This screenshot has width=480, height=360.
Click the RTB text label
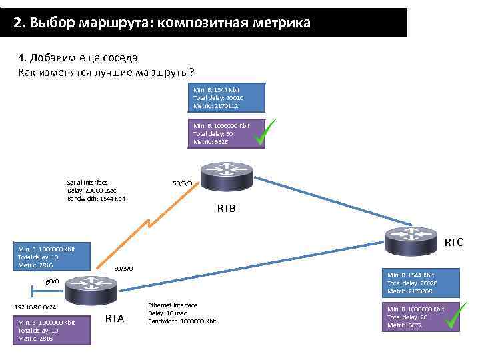tap(227, 209)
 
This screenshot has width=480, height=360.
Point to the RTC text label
tap(453, 243)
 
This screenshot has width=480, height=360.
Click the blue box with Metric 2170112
tap(227, 97)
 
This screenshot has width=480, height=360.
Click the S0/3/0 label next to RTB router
tap(182, 183)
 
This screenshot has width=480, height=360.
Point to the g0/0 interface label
tap(52, 281)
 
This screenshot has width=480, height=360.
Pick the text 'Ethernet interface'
tap(172, 305)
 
